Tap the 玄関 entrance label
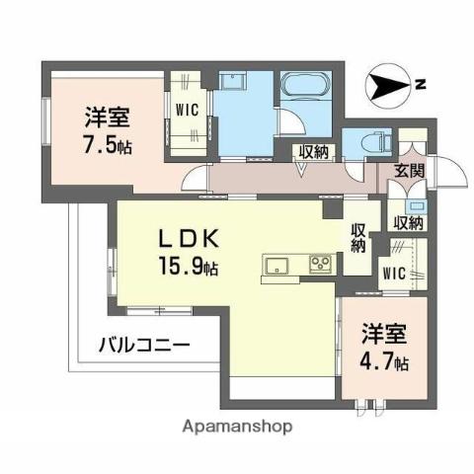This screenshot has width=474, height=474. click(x=410, y=170)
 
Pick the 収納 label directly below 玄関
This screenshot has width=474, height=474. click(x=408, y=223)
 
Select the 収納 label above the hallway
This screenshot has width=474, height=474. click(x=314, y=151)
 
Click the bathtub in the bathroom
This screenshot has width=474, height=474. click(x=308, y=97)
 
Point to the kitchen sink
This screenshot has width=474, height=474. click(x=276, y=264)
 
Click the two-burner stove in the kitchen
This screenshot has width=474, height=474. click(x=321, y=264)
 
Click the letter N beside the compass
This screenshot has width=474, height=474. click(x=421, y=84)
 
